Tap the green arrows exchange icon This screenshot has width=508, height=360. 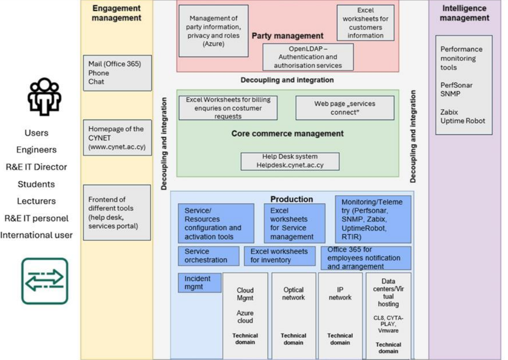point(45,281)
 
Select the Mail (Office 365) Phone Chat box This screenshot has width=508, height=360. point(116,73)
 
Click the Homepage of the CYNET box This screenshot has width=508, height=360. point(116,138)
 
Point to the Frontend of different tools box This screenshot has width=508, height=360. point(116,212)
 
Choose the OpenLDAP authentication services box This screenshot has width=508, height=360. point(308,57)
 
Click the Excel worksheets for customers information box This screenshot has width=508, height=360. point(365,23)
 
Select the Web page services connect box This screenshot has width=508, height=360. point(345,108)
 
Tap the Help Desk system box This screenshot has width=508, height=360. point(289,161)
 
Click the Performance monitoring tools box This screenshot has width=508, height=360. point(463,85)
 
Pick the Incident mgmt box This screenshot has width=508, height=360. point(200,283)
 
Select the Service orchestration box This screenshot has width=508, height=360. point(208,256)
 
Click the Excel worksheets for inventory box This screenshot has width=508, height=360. point(279,256)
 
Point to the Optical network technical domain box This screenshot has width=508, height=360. point(293,315)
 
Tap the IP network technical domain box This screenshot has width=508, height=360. point(340,315)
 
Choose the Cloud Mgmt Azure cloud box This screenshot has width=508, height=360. point(245,315)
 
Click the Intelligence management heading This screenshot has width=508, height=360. point(464,13)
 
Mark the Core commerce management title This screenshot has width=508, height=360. point(287,134)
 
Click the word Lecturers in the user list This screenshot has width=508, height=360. point(36,201)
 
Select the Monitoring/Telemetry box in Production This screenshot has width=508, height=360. point(372,219)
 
